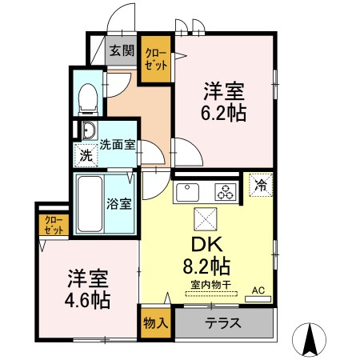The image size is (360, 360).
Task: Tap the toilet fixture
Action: (x=88, y=98)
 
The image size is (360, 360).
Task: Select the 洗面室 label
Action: (x=117, y=146)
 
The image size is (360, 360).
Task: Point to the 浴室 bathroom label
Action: (x=120, y=203)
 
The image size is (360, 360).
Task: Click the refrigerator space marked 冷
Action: (x=261, y=186)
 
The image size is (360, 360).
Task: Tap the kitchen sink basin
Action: (x=190, y=192)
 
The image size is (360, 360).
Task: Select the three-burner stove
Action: (x=226, y=192)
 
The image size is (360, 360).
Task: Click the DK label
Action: (x=204, y=245)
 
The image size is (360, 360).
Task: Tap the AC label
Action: (x=258, y=290)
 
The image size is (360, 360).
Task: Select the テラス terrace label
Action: (x=223, y=325)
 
